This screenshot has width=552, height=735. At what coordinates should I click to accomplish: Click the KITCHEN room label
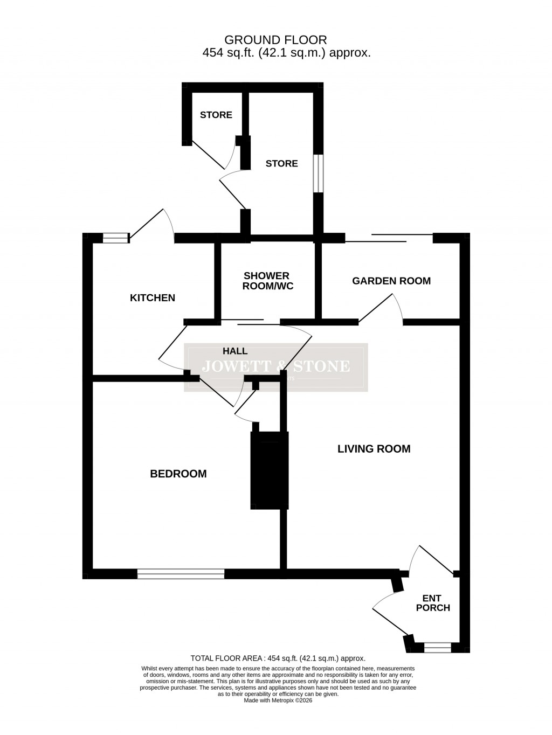[x=153, y=298]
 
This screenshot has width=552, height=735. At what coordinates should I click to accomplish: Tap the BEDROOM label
[x=178, y=474]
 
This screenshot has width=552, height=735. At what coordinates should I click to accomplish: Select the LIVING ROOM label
[x=374, y=449]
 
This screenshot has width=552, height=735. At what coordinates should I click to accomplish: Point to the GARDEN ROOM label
[x=391, y=281]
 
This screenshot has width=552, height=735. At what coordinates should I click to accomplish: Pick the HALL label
[x=235, y=351]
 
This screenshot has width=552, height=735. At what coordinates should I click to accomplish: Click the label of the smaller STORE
[x=216, y=115]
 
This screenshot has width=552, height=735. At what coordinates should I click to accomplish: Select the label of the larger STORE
[x=281, y=163]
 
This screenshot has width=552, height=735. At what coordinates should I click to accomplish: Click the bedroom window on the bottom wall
[x=181, y=574]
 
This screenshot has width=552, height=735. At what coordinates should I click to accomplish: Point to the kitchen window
[x=116, y=238]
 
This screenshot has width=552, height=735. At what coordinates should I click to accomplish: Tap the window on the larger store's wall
[x=319, y=173]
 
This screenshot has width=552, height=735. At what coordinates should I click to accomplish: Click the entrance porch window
[x=437, y=647]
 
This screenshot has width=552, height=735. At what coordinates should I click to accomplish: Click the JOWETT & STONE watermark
[x=275, y=367]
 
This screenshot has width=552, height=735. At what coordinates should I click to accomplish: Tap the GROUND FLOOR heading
[x=275, y=40]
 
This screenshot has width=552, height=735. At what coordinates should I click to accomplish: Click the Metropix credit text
[x=278, y=701]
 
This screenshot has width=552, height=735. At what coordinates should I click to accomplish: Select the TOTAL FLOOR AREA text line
[x=278, y=658]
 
